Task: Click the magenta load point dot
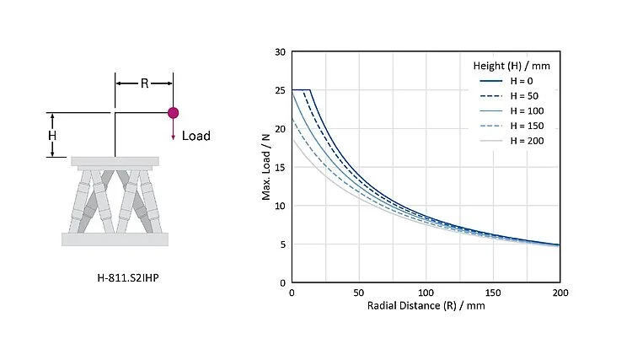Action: [x=173, y=112]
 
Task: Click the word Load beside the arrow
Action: [x=196, y=136]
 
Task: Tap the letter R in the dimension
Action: [x=144, y=83]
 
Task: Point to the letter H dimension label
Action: [x=52, y=135]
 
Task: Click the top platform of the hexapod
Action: [x=115, y=161]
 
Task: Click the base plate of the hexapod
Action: [x=115, y=239]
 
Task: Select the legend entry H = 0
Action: [x=519, y=81]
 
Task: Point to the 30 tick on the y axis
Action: [x=280, y=51]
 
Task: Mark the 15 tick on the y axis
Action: [x=280, y=167]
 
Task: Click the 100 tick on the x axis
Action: [x=426, y=292]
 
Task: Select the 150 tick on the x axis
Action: [x=494, y=292]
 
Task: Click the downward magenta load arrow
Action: [x=173, y=130]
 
